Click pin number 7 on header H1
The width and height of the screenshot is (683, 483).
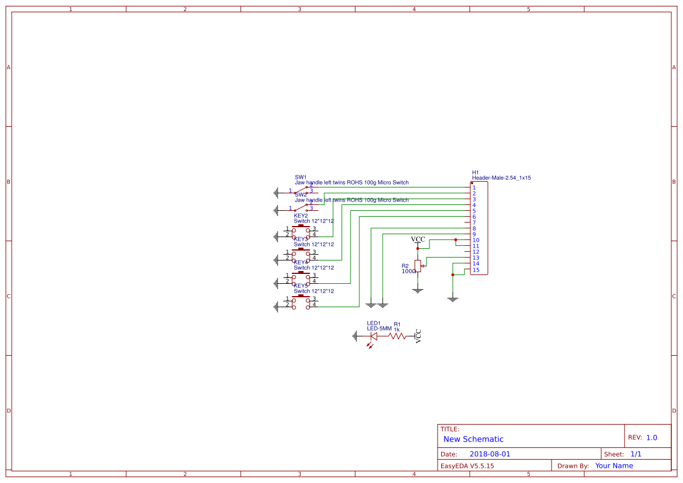pos(474,223)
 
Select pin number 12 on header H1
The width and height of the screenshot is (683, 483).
pos(476,252)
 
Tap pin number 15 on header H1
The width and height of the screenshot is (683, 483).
pos(476,269)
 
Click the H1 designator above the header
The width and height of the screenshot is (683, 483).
pos(475,172)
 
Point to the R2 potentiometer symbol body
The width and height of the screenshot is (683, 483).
pos(417,266)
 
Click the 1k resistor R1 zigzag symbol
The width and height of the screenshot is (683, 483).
pos(397,336)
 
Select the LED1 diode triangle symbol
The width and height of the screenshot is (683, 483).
pos(374,336)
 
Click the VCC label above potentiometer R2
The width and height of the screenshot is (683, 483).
pos(418,239)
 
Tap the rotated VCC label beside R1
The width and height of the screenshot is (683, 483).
pos(418,336)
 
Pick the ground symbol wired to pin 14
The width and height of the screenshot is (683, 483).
pos(453,299)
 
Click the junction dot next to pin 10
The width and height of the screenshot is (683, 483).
pos(455,239)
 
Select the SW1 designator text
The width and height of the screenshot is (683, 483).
pos(300,176)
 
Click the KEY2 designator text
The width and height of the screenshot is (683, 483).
pos(300,216)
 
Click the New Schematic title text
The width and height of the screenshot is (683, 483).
pos(473,439)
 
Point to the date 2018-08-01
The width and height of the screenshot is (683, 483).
pos(490,454)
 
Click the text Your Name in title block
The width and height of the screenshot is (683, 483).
pos(613,465)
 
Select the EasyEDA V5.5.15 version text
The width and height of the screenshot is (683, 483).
pos(467,465)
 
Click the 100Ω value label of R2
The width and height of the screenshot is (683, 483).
pos(408,271)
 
